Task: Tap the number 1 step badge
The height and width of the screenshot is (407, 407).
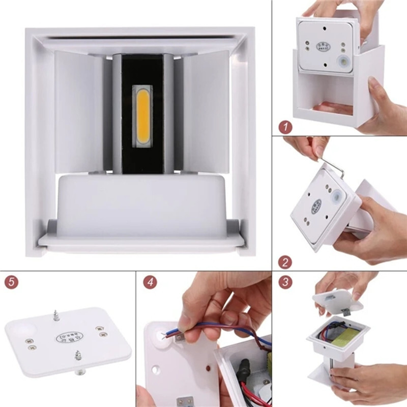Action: pyautogui.click(x=286, y=127)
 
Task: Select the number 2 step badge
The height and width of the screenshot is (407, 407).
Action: pyautogui.click(x=286, y=263)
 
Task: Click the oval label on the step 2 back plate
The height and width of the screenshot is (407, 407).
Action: pyautogui.click(x=316, y=206)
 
